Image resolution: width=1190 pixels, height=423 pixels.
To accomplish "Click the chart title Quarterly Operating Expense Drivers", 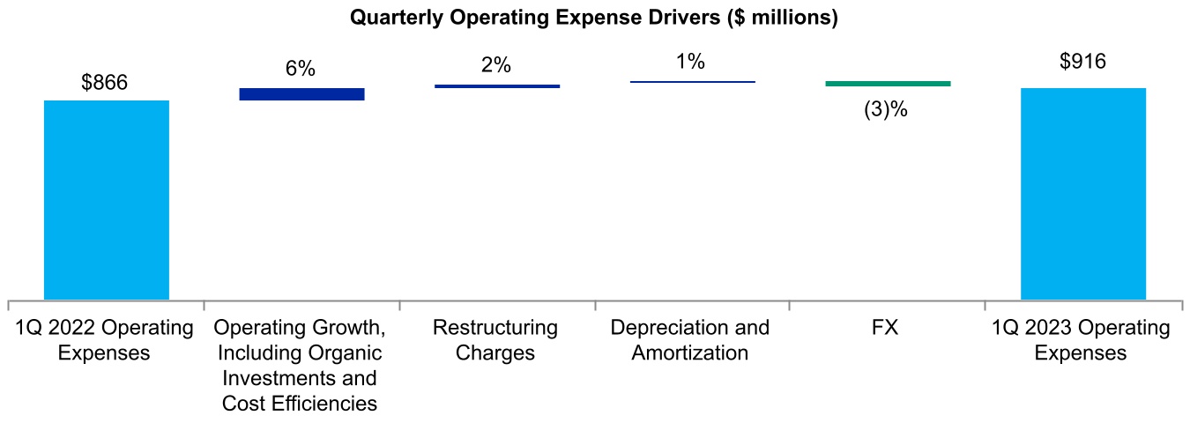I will coord(593,18).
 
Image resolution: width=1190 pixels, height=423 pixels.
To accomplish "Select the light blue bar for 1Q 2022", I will coord(106,199).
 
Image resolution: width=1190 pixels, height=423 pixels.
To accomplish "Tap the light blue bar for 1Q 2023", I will coord(1083,193).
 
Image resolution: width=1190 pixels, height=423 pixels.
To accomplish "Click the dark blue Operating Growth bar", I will coord(301,93).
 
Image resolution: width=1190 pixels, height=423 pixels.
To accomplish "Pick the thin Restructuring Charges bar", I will coord(497,85).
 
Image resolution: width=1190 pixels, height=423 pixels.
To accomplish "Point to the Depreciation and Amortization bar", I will coord(693,82).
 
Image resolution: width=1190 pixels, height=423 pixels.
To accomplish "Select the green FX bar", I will coord(888,84).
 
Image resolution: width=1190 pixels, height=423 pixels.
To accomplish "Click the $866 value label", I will coord(105,83).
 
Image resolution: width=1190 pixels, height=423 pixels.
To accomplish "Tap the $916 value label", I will coord(1083,62).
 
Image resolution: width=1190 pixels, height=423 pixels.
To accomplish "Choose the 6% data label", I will coord(301,70).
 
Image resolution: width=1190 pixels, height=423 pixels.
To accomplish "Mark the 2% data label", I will coord(496,66).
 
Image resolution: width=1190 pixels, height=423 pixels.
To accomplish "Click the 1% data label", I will coord(691,62).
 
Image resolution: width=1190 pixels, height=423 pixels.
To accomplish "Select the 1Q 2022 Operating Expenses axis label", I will coord(105,340).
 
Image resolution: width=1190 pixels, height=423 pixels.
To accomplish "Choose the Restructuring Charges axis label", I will coord(495,340).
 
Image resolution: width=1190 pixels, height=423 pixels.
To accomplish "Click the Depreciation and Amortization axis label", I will coord(691,340).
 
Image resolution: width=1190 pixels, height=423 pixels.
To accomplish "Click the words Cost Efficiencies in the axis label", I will coord(301,404).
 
